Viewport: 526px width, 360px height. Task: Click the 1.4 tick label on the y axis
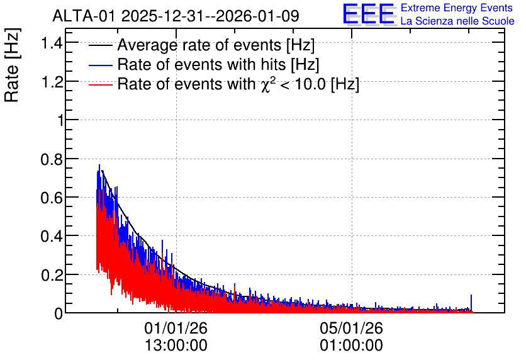point(52,43)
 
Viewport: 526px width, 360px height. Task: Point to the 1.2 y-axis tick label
point(52,82)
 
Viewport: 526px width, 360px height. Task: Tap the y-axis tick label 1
point(60,120)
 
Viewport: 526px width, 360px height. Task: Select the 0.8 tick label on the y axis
point(52,159)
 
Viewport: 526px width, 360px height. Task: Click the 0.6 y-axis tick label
point(52,198)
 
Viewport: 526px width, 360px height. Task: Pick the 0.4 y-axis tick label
point(52,237)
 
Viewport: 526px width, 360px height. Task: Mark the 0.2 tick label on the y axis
point(52,275)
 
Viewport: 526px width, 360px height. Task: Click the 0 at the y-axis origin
point(59,313)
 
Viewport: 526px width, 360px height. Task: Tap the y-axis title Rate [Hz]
point(12,65)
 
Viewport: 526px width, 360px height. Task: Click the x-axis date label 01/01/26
point(176,328)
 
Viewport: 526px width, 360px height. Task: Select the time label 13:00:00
point(176,346)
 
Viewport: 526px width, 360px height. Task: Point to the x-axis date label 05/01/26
point(351,328)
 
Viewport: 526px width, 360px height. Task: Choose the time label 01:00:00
point(351,346)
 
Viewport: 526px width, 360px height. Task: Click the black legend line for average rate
point(100,45)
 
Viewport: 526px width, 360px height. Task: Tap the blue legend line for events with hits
point(100,65)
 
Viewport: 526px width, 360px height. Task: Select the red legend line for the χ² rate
point(100,84)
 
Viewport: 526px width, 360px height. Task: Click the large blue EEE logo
point(369,14)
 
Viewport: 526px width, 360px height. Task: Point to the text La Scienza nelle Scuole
point(457,21)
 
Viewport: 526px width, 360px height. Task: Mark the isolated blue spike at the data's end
point(471,303)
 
